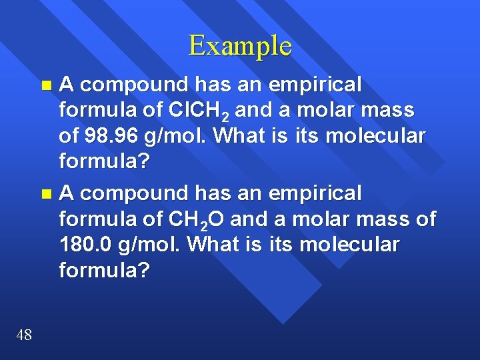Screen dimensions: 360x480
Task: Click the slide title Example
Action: point(240,46)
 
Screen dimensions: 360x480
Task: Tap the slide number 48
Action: point(23,335)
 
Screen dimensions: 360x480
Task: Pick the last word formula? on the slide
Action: point(104,270)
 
